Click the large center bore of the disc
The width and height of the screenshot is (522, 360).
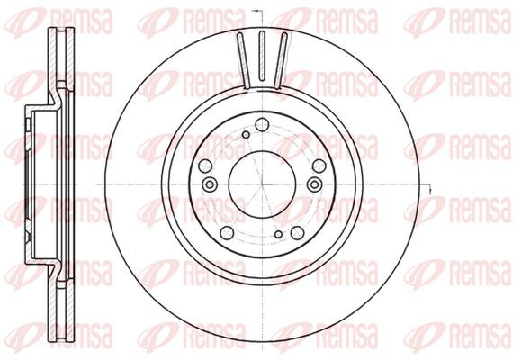(x=262, y=184)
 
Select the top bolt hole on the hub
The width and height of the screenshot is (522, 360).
(x=262, y=125)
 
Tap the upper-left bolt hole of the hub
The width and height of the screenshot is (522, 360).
(x=205, y=166)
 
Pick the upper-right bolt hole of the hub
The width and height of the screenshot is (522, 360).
(x=319, y=166)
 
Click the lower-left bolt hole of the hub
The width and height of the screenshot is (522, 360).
(x=227, y=232)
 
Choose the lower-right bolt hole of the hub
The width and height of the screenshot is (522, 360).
(x=297, y=232)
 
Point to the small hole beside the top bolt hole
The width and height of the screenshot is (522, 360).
(x=246, y=135)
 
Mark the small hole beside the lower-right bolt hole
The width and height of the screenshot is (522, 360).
(x=279, y=234)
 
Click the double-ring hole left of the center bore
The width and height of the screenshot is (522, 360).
(x=210, y=184)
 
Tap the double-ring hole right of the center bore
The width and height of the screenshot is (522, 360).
(x=315, y=184)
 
